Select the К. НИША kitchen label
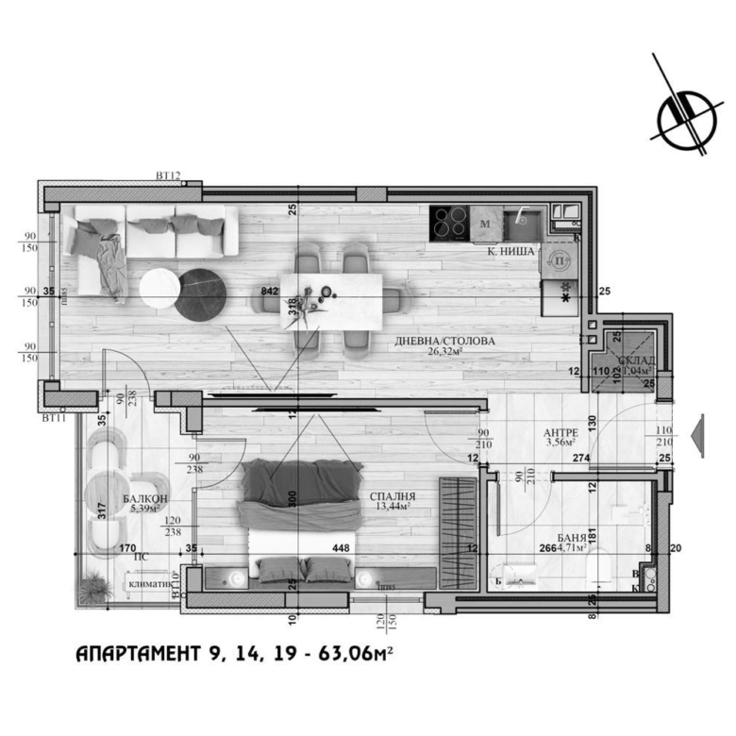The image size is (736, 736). pos(511,252)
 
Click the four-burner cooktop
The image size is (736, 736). pos(449,224)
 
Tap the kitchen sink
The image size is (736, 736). pos(521,223)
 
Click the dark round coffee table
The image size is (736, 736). pos(202,293)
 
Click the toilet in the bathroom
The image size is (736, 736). pos(599,570)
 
